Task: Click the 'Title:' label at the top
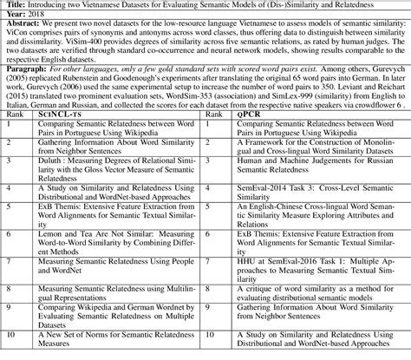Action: pos(14,5)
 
